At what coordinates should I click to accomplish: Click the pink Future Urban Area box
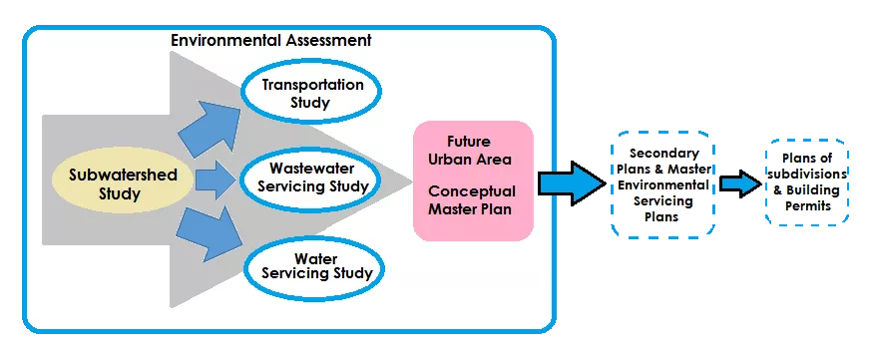coord(473,180)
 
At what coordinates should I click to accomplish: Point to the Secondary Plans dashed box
coord(663,182)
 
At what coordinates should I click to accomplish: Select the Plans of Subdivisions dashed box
coord(806,181)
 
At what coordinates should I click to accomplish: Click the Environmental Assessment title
coord(271,41)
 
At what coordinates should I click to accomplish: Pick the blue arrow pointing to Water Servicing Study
coord(212,235)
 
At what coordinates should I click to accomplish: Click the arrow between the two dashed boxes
coord(740,182)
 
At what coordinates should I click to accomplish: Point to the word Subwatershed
coord(123,176)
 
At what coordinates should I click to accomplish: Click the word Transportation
coord(311,84)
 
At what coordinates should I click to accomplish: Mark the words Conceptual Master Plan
coord(473,199)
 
